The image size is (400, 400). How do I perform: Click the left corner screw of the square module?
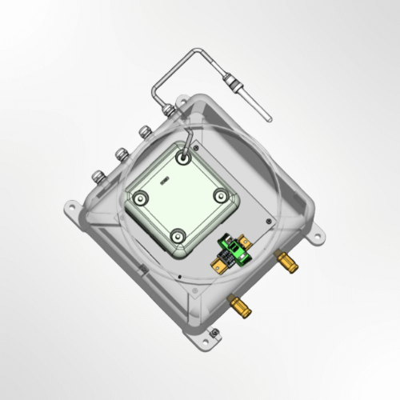142,196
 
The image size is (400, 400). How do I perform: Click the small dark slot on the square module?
167,181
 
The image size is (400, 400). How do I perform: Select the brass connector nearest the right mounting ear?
284,259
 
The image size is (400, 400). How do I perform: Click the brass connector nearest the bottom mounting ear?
238,305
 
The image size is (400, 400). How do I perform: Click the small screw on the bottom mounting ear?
214,334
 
